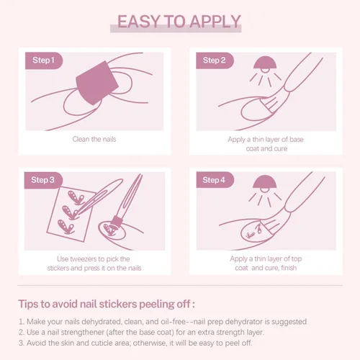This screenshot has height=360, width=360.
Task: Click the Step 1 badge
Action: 44,60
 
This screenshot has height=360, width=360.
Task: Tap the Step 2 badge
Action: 215,60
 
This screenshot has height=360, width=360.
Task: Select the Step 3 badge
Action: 43,180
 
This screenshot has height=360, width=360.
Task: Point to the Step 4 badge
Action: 215,180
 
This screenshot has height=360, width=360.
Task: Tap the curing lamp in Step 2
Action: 265,63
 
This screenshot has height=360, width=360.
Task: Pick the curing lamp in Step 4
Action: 264,183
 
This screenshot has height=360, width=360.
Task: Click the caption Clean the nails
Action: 94,139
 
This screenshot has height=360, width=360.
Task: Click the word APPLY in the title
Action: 216,22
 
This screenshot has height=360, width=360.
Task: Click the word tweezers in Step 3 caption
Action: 84,259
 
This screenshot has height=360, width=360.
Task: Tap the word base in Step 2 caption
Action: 297,140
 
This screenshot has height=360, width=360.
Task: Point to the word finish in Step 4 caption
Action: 289,268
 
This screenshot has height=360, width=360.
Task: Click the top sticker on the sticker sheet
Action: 76,197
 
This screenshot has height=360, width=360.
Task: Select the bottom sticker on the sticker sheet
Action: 66,227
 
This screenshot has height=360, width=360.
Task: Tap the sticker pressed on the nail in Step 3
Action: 109,230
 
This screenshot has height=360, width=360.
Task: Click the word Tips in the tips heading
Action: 29,304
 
